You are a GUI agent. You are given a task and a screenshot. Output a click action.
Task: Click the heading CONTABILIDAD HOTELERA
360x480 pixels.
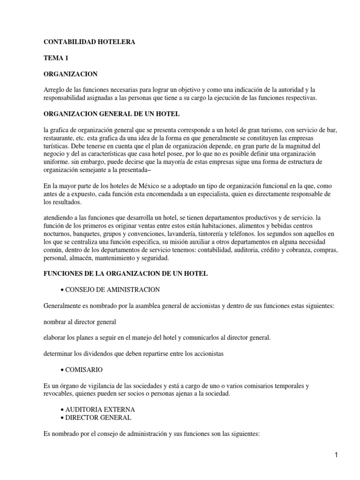[x=89, y=42]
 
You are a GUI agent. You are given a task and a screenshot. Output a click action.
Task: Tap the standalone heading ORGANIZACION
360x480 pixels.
[x=70, y=74]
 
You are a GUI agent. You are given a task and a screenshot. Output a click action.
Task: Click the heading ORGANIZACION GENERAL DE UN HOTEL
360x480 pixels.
[x=111, y=114]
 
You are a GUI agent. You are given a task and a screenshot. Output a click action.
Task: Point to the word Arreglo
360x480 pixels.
[x=55, y=90]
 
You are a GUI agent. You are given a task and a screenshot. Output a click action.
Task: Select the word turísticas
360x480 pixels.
[x=58, y=146]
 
